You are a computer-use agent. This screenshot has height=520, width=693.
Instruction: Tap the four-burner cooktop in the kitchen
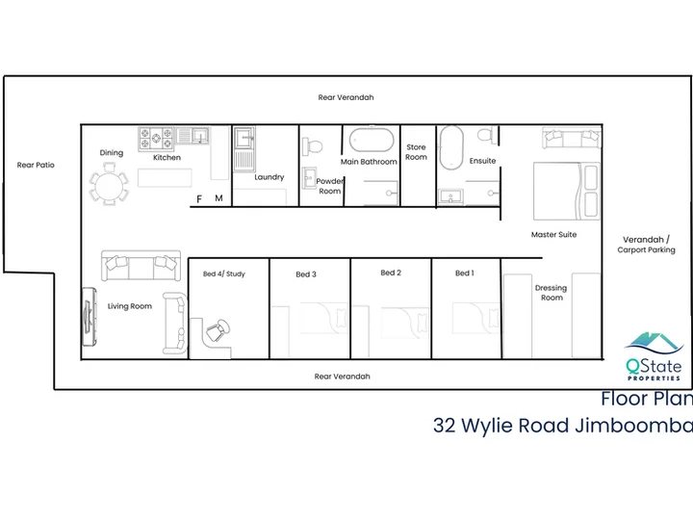(x=157, y=139)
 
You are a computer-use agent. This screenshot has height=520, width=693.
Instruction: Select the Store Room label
(x=416, y=152)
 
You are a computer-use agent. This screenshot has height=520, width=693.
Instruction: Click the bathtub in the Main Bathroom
(x=372, y=141)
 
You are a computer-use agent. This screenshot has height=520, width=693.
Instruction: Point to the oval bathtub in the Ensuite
(x=451, y=148)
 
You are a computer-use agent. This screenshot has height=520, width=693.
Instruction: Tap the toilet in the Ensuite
(x=487, y=135)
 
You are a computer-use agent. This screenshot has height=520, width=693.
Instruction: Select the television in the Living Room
(x=90, y=317)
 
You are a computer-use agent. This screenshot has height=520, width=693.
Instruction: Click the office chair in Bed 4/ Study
(x=218, y=330)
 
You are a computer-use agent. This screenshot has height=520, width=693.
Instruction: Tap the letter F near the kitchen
(x=199, y=199)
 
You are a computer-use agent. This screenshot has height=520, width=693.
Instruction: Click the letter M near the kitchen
(x=218, y=198)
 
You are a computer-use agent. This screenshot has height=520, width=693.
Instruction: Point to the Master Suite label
(x=553, y=234)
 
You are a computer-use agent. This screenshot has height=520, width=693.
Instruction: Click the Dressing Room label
(x=552, y=293)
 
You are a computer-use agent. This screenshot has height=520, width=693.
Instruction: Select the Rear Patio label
(x=36, y=165)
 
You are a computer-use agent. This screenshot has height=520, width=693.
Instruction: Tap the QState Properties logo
(x=654, y=356)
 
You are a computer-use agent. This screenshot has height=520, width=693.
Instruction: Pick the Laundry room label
(x=269, y=177)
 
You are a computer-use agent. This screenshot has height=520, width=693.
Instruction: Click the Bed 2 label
(x=391, y=273)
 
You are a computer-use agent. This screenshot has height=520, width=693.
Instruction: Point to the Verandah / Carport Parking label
(x=646, y=245)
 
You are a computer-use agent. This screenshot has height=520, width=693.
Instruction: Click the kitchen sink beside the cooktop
(x=193, y=136)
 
